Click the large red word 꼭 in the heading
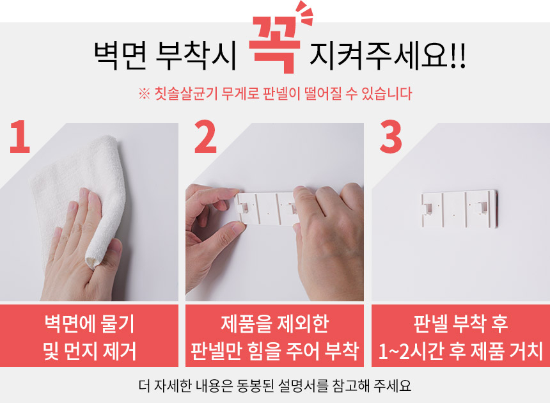[274, 45]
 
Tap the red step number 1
[20, 136]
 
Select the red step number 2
[205, 136]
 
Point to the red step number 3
[391, 136]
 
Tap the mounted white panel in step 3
[459, 209]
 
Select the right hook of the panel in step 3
[480, 208]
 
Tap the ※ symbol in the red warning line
[144, 94]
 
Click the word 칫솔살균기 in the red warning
[186, 93]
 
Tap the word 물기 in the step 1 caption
[118, 324]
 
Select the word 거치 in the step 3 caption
[527, 351]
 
